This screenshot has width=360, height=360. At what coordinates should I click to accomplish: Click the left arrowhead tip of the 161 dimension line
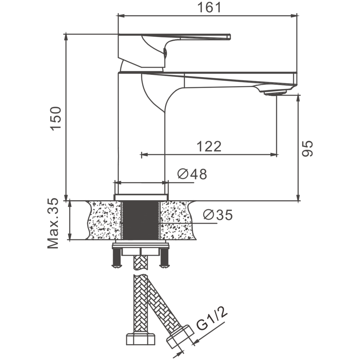click(x=118, y=16)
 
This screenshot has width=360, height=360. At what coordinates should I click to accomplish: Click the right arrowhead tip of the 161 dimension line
click(x=297, y=16)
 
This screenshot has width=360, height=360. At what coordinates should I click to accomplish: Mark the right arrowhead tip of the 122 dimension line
click(x=277, y=154)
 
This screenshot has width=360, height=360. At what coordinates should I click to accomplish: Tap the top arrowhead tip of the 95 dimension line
click(x=298, y=95)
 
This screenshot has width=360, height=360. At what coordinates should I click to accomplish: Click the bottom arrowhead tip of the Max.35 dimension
click(x=69, y=240)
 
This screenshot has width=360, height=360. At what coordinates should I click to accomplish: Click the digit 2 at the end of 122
click(x=217, y=147)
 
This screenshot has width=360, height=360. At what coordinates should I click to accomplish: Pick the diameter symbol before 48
click(x=183, y=174)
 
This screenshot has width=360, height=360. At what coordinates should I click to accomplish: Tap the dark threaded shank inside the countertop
click(x=140, y=220)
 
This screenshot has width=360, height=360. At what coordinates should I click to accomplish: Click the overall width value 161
click(x=209, y=8)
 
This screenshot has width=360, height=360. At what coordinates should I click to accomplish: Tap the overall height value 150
click(x=56, y=119)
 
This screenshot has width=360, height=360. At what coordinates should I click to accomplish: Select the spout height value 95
click(x=307, y=149)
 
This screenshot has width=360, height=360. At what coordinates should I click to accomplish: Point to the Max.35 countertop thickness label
click(x=53, y=223)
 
